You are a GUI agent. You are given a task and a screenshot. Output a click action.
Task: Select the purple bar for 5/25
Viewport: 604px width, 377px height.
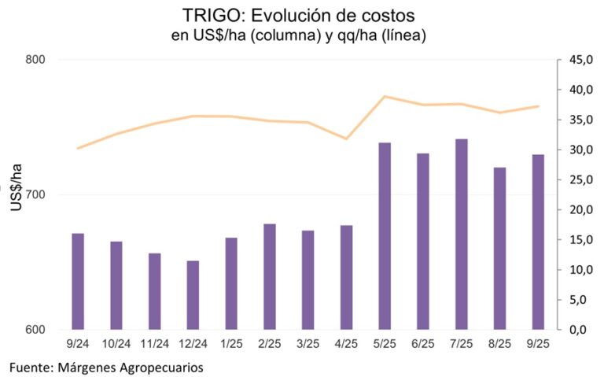coord(385,236)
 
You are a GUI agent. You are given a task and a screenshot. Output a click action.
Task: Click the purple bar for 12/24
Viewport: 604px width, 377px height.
coord(193,295)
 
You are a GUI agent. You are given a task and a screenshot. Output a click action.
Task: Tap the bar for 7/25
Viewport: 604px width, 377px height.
coord(462,235)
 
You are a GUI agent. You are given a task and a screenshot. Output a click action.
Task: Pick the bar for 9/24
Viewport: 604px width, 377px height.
coord(78,282)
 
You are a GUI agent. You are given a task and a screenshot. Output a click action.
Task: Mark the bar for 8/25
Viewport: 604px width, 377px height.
coord(500,249)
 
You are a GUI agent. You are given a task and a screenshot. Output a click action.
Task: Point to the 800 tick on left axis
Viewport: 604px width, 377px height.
coord(35,60)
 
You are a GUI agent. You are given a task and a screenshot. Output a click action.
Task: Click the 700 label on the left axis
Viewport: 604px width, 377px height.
coord(35,195)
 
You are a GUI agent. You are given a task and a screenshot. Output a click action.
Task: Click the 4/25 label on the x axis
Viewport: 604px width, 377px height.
coord(346,344)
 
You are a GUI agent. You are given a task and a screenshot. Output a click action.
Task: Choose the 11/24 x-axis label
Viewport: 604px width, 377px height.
coord(154,344)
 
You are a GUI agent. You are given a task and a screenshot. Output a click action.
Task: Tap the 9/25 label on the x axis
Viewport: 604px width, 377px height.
coord(538,344)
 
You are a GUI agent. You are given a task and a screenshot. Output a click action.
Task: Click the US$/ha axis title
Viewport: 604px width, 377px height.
coord(17,195)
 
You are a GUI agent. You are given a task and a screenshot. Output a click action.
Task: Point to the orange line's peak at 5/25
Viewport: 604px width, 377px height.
coord(385,96)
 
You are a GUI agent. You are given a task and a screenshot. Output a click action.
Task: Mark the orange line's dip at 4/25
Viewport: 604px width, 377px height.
coord(346,139)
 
